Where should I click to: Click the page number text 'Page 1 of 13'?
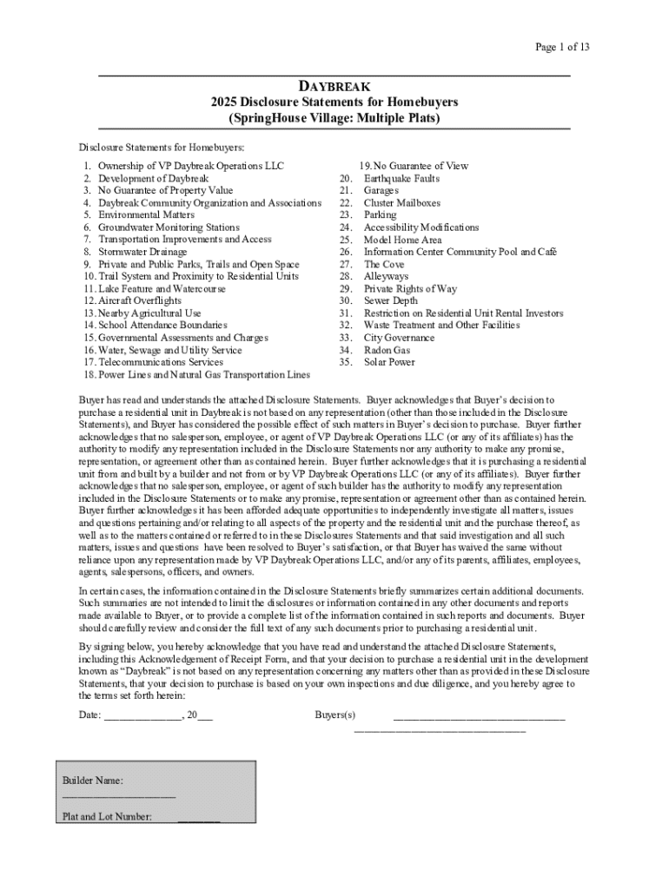[561, 47]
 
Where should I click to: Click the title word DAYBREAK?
[334, 87]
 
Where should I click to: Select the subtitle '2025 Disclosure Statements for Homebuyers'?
[334, 102]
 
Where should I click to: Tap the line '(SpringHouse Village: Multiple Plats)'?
[334, 117]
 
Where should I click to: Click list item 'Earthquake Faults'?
[401, 178]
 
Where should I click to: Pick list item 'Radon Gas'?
[387, 350]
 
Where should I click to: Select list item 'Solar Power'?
[389, 362]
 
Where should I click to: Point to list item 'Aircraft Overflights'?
[139, 300]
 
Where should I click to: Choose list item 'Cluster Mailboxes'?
[401, 203]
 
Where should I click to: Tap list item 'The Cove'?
[384, 264]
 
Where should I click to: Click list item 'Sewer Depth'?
[390, 300]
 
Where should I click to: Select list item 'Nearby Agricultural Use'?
[149, 313]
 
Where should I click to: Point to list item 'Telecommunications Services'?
[160, 362]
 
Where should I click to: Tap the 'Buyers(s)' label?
[335, 715]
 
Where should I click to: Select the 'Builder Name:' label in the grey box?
[92, 781]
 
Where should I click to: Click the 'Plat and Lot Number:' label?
[108, 816]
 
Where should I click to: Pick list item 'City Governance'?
[399, 338]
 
